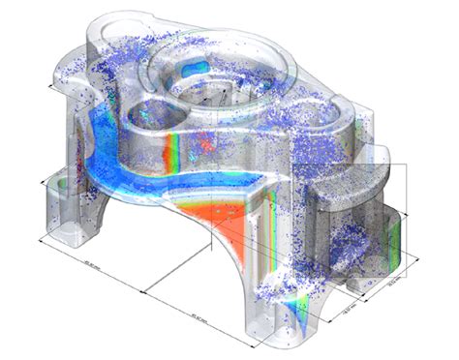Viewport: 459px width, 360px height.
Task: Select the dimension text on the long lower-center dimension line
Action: (199, 312)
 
